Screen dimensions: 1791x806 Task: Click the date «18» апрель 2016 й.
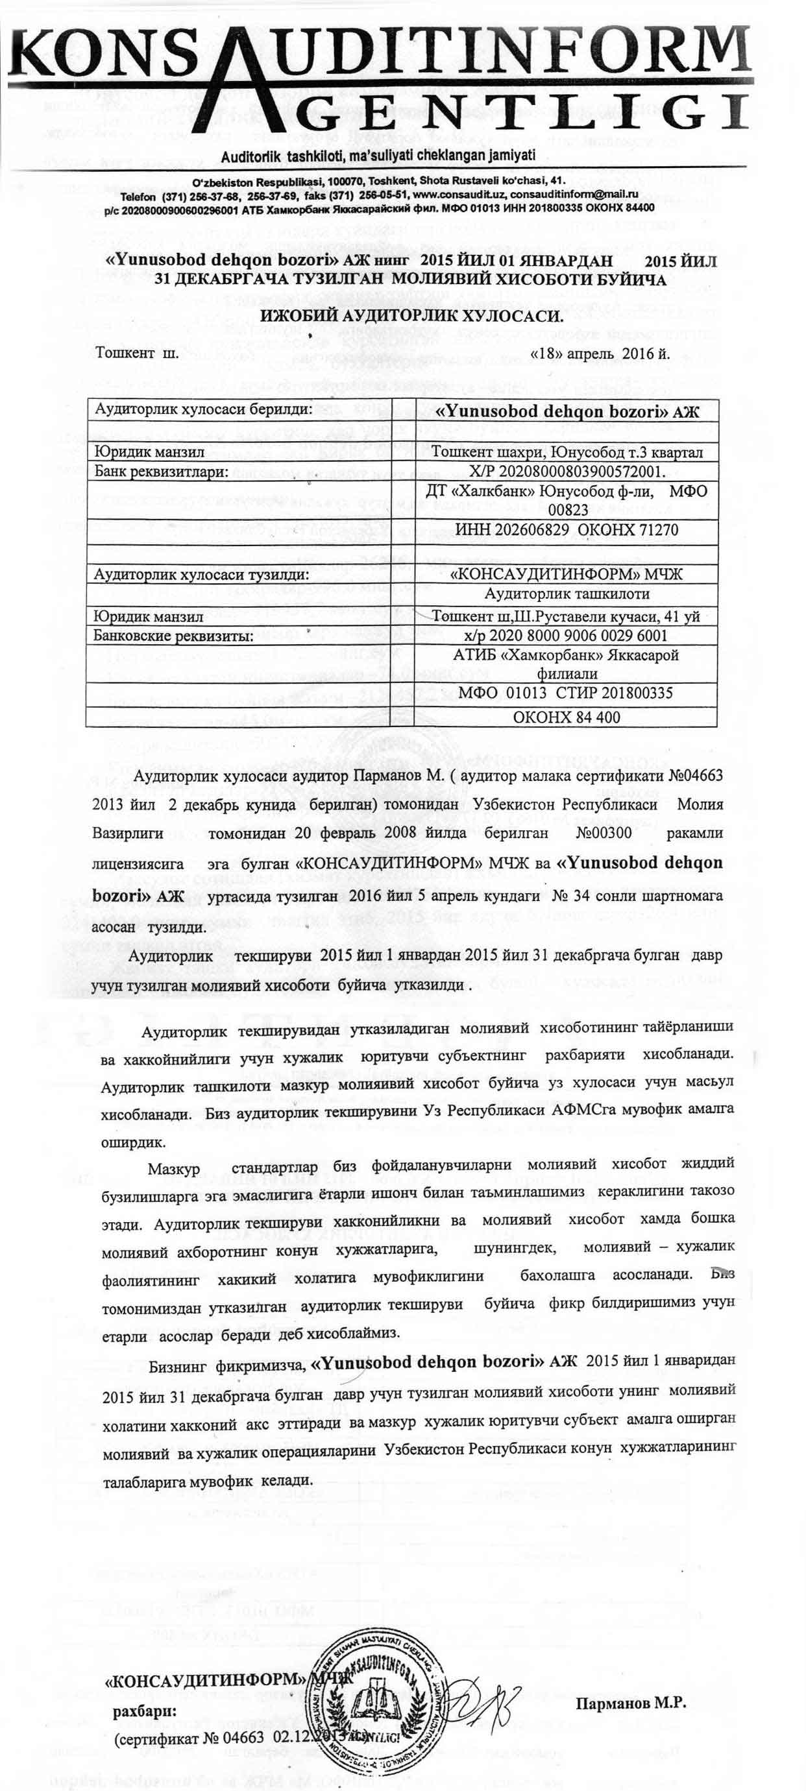(600, 353)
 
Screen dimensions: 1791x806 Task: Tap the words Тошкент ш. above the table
(138, 352)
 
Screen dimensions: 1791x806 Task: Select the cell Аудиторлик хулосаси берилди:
(204, 409)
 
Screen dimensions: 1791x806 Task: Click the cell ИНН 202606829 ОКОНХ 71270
(566, 530)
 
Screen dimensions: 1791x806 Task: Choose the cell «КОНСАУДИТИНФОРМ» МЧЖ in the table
(567, 574)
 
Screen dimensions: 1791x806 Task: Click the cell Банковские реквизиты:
(173, 636)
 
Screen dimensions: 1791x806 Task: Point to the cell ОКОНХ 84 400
(566, 717)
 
